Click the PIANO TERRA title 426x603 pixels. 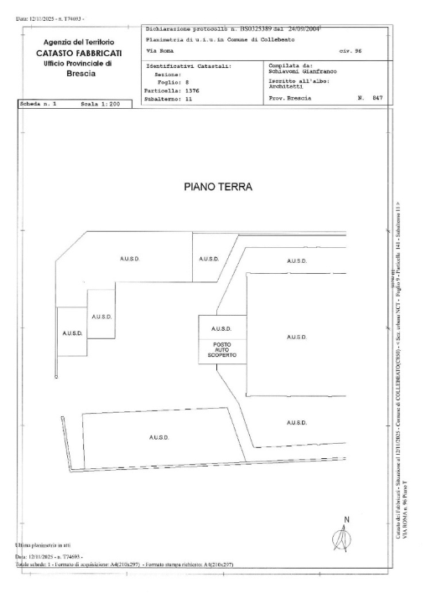tap(216, 188)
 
